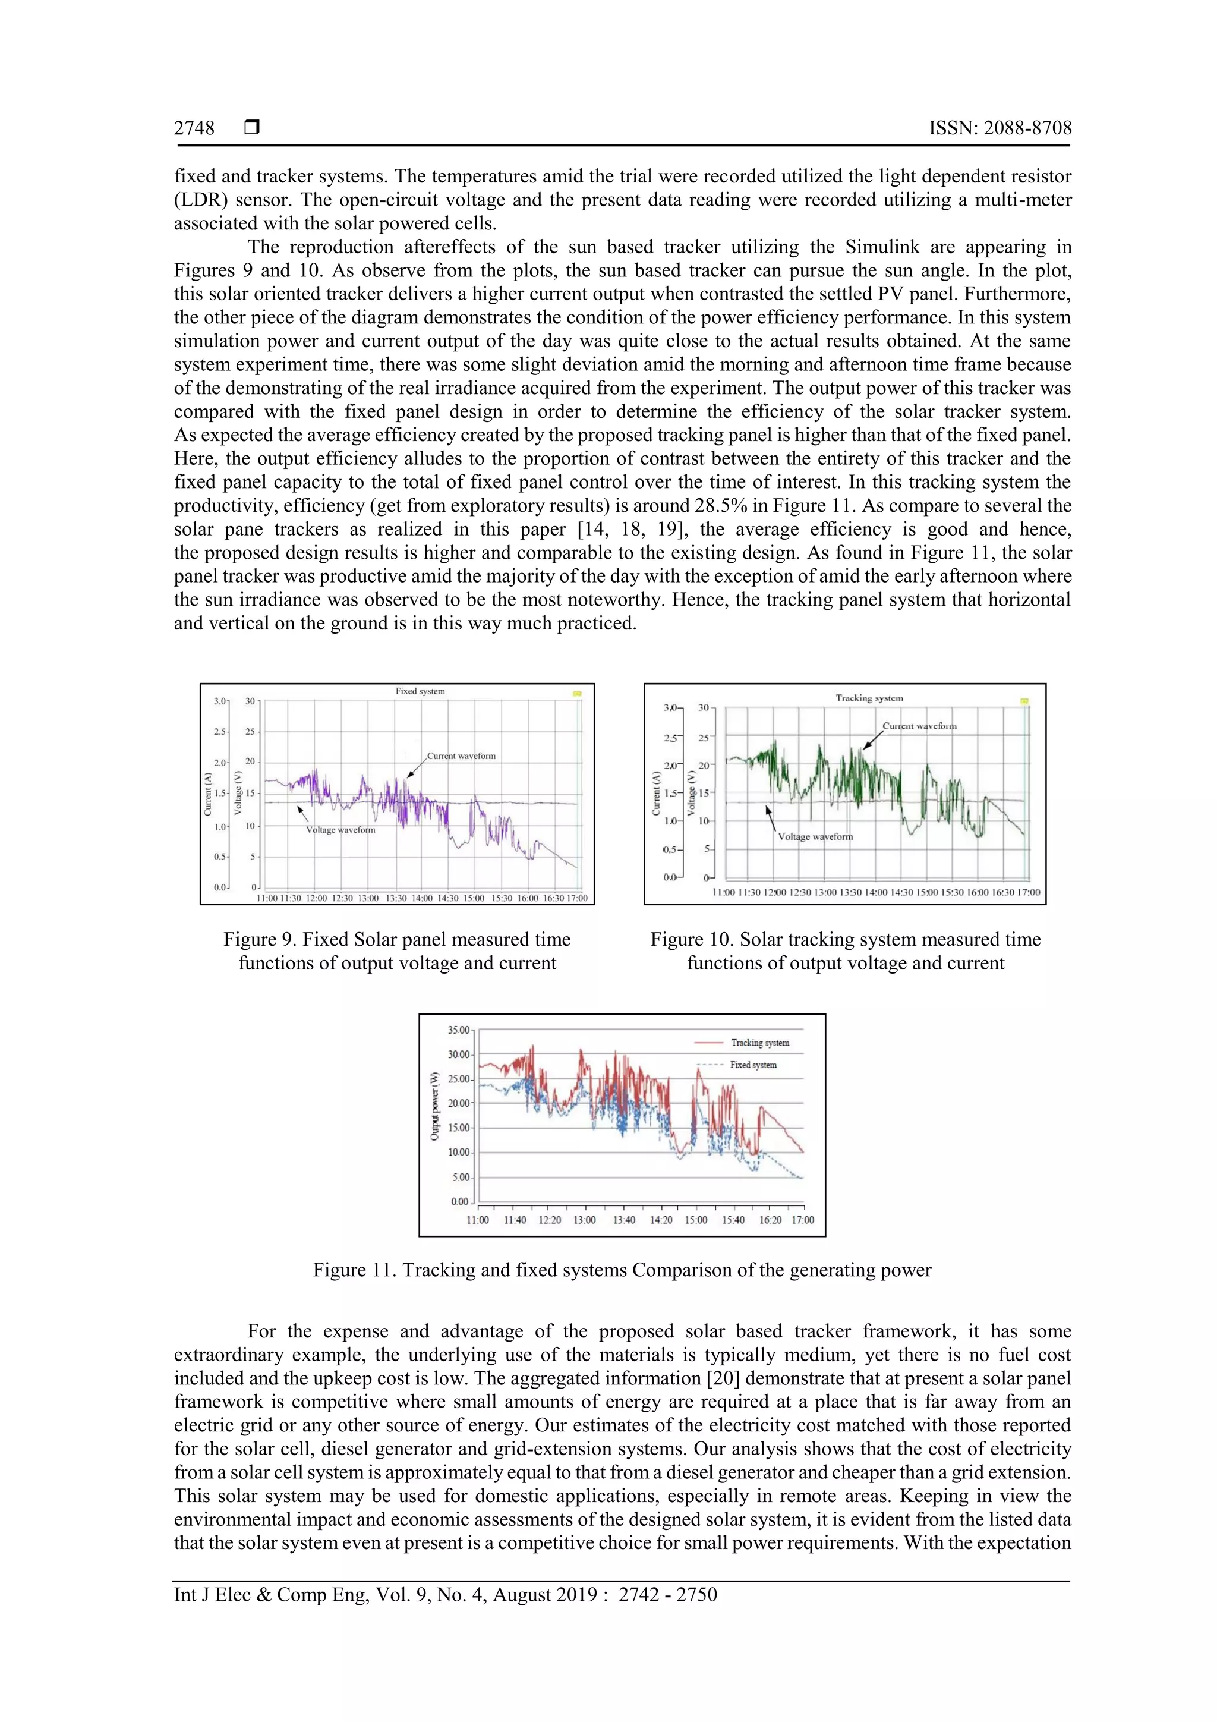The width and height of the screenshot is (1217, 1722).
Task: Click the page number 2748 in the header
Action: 194,128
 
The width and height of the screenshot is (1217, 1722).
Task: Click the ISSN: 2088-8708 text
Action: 1000,128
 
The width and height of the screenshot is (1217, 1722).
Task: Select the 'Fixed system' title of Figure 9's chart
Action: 420,691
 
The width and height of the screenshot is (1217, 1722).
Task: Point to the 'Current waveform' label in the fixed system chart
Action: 461,756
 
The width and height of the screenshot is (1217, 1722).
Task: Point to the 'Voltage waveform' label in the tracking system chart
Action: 815,836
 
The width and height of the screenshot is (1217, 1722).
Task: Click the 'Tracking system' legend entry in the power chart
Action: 759,1043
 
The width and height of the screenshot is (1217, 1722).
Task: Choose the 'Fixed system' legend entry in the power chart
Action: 753,1065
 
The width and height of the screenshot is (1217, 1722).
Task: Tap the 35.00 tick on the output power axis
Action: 458,1031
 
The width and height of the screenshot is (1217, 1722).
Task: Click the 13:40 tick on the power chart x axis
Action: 624,1220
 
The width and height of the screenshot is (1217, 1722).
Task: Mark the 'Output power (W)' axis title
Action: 434,1106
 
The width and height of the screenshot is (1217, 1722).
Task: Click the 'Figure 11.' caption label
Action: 355,1270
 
